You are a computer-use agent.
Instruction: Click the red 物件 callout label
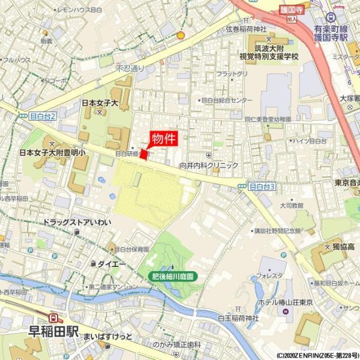pos(164,139)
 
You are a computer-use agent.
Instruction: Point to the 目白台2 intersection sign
pos(41,116)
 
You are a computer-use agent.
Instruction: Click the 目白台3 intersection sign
pos(261,187)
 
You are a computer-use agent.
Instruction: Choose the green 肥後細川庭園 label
pos(173,276)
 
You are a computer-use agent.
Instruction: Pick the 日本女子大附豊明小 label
pos(53,153)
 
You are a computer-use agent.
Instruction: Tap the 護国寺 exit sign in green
pos(292,11)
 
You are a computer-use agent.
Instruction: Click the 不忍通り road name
pos(130,69)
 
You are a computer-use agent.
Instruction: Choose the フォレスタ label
pos(269,276)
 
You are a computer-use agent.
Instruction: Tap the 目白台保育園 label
pos(131,249)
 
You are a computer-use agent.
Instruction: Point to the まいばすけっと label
pos(108,335)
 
